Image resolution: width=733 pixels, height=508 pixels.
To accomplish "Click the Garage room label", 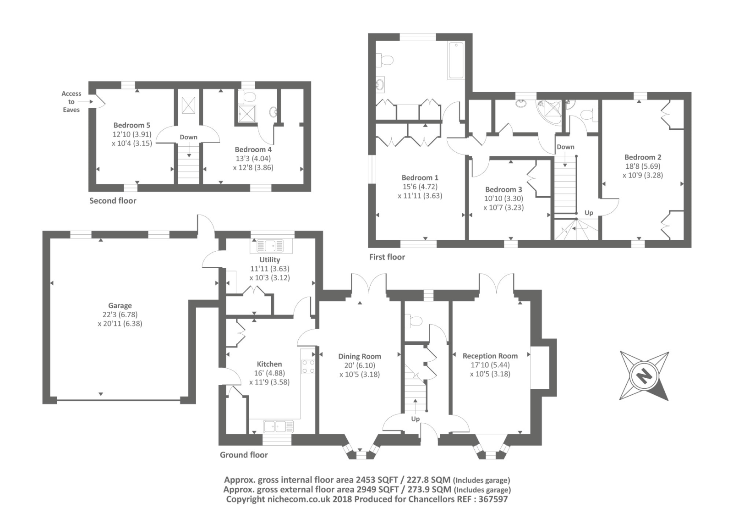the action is click(120, 306).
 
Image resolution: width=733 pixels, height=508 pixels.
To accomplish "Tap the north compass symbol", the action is click(644, 376).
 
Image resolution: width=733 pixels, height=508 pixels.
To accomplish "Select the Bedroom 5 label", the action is click(131, 125).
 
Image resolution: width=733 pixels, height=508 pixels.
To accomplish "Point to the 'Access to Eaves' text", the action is click(71, 101).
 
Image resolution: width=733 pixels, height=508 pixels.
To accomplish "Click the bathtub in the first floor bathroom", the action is click(456, 61).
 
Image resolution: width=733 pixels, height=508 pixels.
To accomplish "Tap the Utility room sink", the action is click(270, 245).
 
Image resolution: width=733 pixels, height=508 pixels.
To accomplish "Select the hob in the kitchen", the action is click(308, 366).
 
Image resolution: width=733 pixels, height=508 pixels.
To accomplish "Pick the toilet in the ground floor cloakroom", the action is click(412, 321).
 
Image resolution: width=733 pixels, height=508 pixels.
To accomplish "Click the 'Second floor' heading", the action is click(113, 201).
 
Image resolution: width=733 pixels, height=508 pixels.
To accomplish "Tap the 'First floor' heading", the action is click(387, 257).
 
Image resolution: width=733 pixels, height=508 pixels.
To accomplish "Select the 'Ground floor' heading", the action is click(244, 455).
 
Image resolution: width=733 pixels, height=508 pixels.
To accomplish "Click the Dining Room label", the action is click(360, 356).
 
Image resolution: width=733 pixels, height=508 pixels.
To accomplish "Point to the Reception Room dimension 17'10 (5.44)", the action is click(490, 365).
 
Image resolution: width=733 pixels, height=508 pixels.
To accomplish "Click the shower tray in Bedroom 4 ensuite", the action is click(248, 113).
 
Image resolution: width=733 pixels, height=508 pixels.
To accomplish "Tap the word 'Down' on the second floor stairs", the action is click(188, 137).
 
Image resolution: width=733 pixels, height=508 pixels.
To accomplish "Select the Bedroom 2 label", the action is click(643, 157).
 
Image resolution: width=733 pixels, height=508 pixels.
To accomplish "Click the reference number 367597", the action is click(493, 499).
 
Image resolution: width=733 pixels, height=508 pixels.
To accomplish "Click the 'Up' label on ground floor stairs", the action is click(415, 419).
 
